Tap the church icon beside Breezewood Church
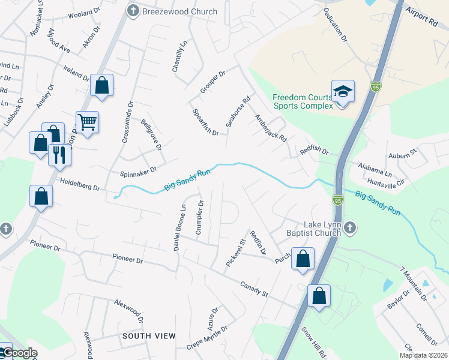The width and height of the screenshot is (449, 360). pos(133,11)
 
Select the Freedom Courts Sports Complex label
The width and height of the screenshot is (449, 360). pos(303,101)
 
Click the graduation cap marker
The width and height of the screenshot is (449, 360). pos(343,92)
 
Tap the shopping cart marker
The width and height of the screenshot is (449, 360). pos(87,122)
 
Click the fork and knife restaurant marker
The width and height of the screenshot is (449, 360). pos(59,154)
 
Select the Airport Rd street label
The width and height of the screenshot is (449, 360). pos(421,16)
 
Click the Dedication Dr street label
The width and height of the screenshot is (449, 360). pos(336,25)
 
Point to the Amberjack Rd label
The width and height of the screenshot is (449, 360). pos(271,128)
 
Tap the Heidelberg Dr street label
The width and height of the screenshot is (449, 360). pos(79,184)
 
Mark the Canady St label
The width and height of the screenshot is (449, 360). pos(254,289)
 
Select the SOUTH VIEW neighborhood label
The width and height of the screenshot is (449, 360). pos(149,335)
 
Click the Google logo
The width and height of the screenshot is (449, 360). pos(20,353)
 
